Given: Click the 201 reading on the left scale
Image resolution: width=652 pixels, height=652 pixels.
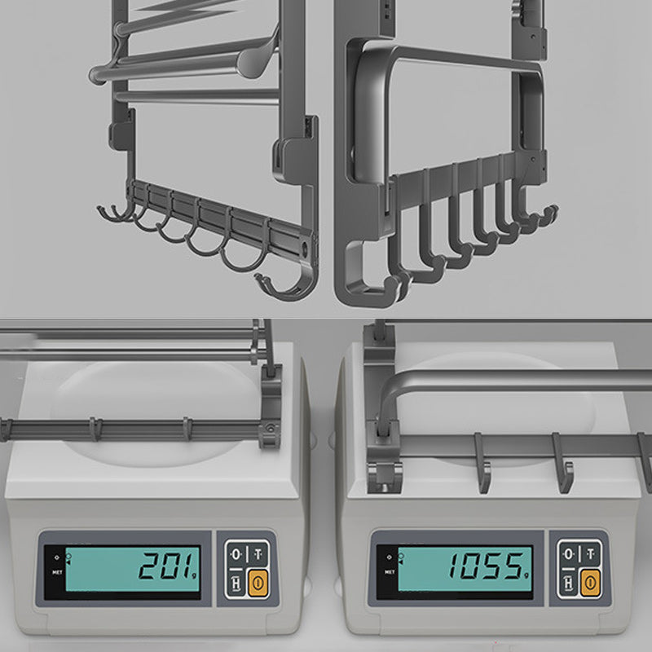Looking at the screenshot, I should [167, 564].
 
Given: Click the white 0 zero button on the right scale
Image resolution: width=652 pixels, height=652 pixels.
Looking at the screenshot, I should [569, 554].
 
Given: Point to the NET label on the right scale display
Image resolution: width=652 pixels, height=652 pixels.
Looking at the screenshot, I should [388, 570].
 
